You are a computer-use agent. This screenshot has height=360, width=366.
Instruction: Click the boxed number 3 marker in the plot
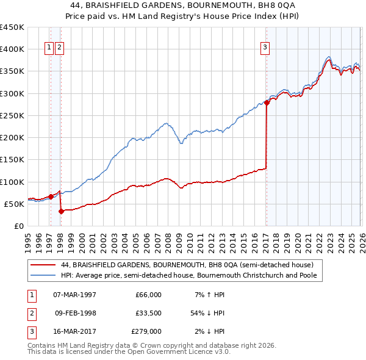coord(266,49)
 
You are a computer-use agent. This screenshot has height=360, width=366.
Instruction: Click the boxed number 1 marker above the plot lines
coord(49,49)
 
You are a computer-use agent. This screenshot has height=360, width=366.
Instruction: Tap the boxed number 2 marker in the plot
coord(59,49)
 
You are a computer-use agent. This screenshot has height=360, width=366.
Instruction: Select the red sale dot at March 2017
coord(267,103)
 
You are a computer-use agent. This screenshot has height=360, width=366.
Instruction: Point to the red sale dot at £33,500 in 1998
coord(61,211)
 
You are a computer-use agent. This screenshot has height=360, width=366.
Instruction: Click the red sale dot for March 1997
coord(51,196)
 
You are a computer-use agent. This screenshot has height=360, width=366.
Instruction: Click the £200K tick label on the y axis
coord(12,137)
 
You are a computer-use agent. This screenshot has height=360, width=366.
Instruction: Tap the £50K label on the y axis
coord(14,204)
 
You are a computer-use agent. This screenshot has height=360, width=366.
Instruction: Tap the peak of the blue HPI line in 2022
coord(328,56)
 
